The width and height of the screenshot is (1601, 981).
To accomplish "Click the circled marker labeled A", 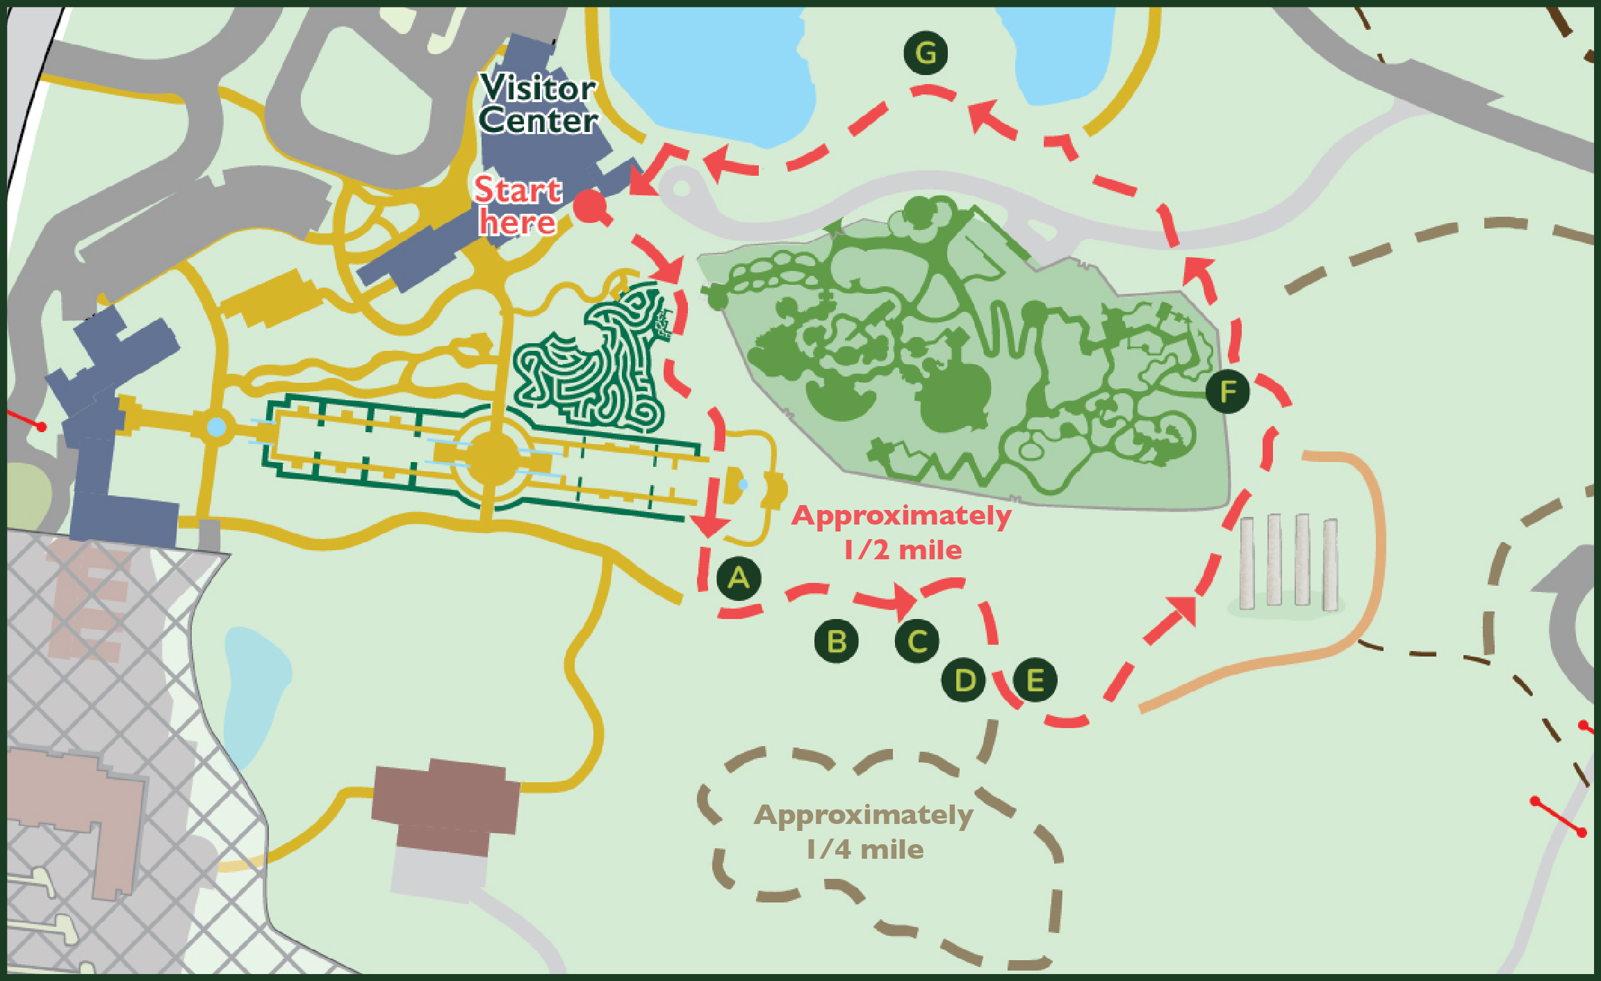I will [739, 578].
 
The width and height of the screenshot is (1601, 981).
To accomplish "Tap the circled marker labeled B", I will [836, 641].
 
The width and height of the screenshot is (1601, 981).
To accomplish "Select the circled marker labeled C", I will [917, 641].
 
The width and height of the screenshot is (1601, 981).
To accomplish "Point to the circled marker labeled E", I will [1035, 679].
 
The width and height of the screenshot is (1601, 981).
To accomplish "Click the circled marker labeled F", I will [1227, 391].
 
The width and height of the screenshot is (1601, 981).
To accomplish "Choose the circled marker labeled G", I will [926, 53].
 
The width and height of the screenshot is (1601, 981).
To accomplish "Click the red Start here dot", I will [590, 206].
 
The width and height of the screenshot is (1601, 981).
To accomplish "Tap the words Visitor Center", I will [538, 104].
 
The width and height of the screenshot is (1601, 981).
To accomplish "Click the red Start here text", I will [517, 206].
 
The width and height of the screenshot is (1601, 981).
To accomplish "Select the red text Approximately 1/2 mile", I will [902, 532].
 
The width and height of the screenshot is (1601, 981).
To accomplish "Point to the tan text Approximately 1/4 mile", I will [864, 832].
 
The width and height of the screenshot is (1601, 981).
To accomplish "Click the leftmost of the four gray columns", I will [1247, 563].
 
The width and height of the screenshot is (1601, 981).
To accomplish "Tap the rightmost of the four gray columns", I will [1330, 564].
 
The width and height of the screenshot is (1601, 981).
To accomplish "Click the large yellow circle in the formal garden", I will [492, 459].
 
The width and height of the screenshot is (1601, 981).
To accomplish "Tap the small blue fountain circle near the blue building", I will [217, 427].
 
